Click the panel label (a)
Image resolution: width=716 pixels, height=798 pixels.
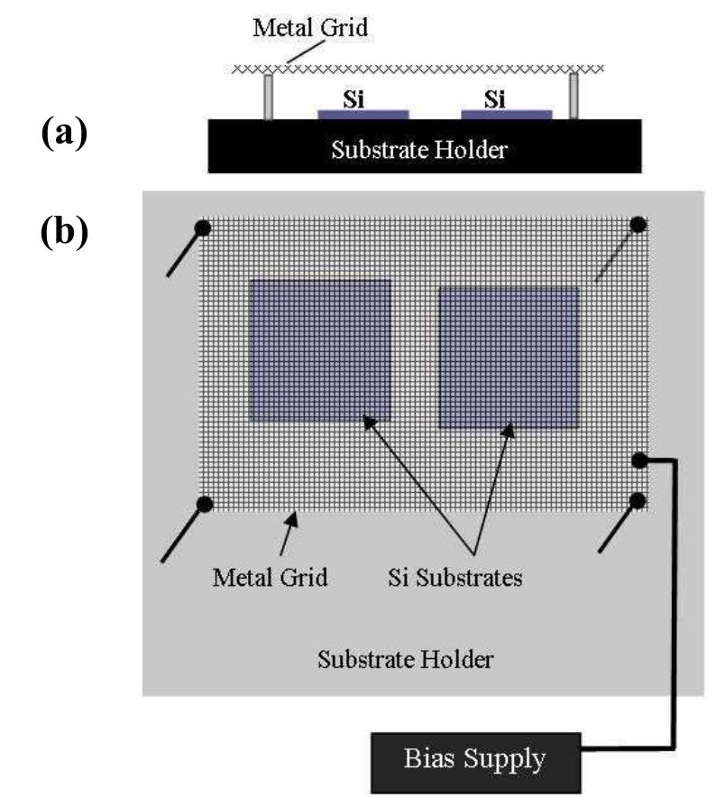[64, 135]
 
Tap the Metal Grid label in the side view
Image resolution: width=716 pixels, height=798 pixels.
[310, 28]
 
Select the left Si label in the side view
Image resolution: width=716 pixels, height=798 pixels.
[354, 100]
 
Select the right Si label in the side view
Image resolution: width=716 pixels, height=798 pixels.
[495, 100]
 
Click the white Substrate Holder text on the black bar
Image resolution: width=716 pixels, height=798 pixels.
[419, 149]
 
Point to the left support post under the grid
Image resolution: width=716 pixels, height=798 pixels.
[268, 97]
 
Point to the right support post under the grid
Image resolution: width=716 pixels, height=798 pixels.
[574, 97]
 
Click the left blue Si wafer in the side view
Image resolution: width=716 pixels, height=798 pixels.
[363, 115]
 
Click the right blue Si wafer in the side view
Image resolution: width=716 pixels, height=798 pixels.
[506, 115]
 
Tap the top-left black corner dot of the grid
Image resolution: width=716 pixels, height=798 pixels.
[203, 227]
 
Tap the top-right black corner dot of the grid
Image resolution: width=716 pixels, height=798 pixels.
[638, 224]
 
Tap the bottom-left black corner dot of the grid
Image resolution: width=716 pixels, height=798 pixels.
[205, 504]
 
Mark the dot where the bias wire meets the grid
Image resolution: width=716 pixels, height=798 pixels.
[638, 461]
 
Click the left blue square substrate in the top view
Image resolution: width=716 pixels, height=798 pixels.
[320, 350]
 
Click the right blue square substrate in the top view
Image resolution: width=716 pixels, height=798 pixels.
[508, 357]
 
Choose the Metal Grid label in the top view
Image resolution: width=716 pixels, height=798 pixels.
[270, 576]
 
